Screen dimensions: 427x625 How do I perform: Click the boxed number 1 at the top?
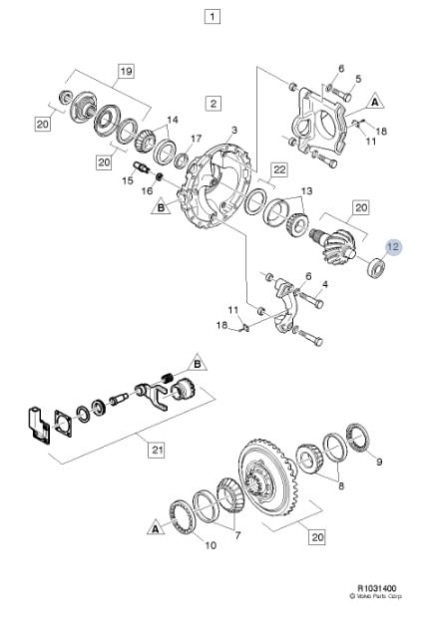213,16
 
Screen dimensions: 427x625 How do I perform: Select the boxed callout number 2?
213,104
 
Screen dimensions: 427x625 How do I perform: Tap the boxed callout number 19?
126,72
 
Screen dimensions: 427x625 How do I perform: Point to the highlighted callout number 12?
393,247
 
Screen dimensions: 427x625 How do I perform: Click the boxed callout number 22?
279,169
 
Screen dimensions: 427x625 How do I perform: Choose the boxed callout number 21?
158,450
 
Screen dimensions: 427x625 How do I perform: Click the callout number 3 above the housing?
234,130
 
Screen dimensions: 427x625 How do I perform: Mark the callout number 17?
196,139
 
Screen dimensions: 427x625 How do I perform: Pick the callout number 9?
379,462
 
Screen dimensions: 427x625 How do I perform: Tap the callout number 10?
211,545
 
